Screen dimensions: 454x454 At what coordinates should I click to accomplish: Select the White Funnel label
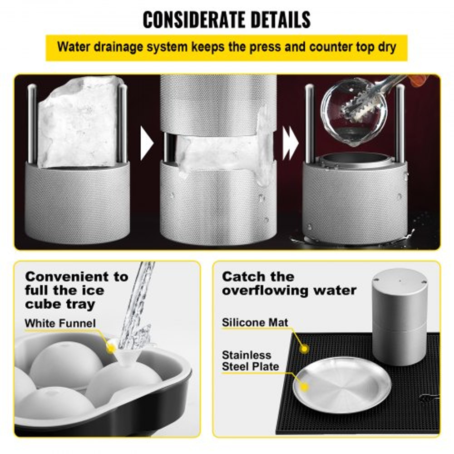[x=60, y=323]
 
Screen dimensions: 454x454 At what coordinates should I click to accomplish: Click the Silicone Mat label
[x=255, y=323]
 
